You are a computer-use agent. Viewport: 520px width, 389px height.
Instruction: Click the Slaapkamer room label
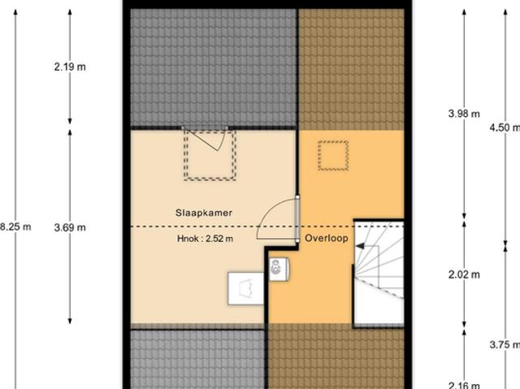(204, 212)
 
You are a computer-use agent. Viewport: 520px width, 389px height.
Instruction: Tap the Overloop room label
(327, 239)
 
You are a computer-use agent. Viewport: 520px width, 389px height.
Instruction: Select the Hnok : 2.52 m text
(205, 239)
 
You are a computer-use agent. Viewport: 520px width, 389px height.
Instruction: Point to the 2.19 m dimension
(70, 67)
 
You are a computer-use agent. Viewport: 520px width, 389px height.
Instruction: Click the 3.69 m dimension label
(70, 227)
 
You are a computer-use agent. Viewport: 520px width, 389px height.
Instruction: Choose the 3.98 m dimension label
(464, 114)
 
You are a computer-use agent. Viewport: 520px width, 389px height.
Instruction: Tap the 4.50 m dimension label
(504, 127)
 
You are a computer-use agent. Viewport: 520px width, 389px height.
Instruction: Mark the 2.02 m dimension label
(464, 274)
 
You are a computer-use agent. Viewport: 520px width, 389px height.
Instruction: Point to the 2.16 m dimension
(464, 384)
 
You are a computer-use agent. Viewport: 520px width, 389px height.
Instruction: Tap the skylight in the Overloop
(332, 155)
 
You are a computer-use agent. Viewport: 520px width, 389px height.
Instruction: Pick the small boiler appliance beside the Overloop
(279, 267)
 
